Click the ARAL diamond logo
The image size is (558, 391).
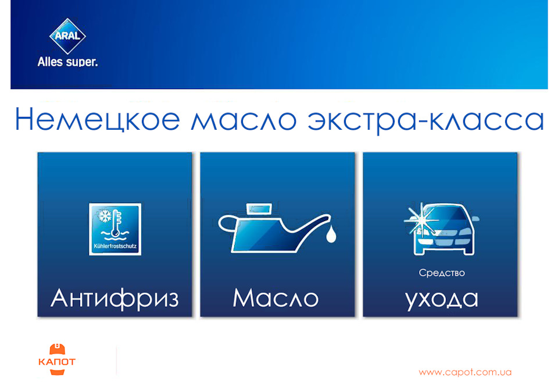[x=67, y=35]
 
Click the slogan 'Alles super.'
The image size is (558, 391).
[x=67, y=61]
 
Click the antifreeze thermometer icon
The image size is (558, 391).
[x=115, y=229]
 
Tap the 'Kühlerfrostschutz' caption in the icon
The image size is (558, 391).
[x=115, y=248]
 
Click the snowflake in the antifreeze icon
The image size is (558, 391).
[x=105, y=216]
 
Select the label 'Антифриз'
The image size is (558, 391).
[x=115, y=298]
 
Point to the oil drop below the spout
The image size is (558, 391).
[x=331, y=234]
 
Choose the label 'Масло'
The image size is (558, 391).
[x=276, y=298]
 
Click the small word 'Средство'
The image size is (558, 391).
[x=442, y=272]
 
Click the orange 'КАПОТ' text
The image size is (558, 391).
[x=56, y=362]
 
